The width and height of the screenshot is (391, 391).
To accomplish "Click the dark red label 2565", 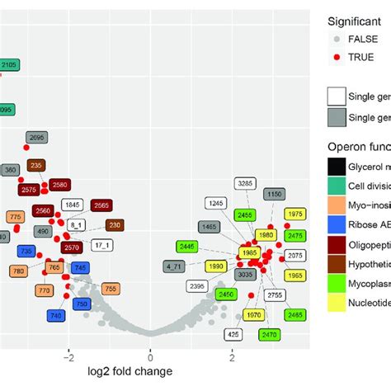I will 101,205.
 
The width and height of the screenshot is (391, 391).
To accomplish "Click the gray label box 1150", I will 274,195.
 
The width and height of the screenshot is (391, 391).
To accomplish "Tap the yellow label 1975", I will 295,214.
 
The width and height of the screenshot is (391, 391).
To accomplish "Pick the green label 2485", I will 294,315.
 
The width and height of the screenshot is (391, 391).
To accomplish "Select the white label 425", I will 233,334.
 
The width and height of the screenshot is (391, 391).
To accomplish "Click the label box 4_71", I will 174,266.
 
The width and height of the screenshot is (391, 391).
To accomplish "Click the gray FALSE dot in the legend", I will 336,38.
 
